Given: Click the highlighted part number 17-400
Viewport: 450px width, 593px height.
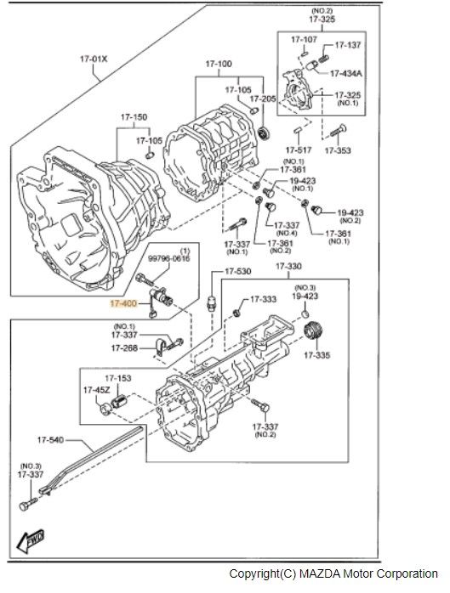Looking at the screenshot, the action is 123,303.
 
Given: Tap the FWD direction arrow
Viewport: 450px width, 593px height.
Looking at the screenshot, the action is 31,541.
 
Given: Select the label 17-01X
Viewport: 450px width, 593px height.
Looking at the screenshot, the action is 94,59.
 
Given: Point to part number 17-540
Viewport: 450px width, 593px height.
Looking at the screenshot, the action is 50,440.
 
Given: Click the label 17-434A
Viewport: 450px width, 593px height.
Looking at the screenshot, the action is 346,73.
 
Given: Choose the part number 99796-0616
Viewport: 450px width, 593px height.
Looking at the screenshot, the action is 169,258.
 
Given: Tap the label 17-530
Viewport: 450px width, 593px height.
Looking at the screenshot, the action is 238,272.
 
